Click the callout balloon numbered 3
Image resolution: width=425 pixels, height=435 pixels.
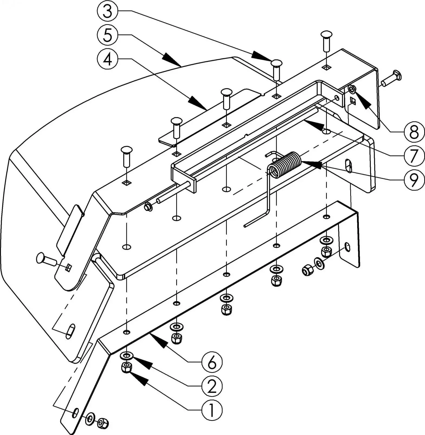pyautogui.click(x=108, y=11)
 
